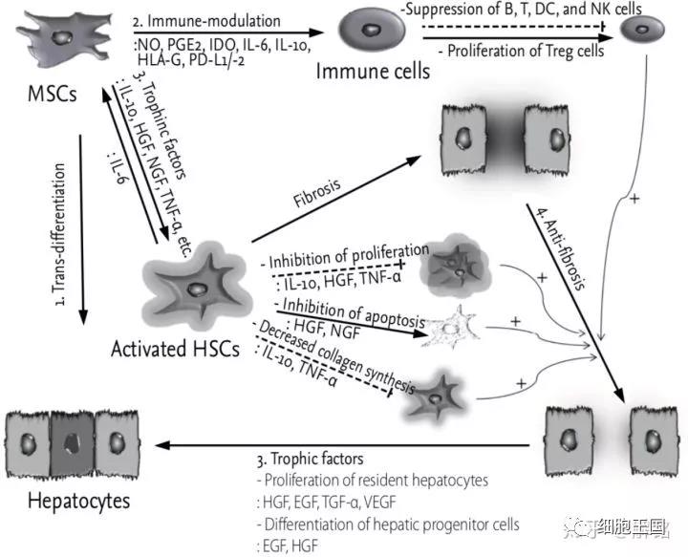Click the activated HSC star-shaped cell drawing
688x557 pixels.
coord(198,289)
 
